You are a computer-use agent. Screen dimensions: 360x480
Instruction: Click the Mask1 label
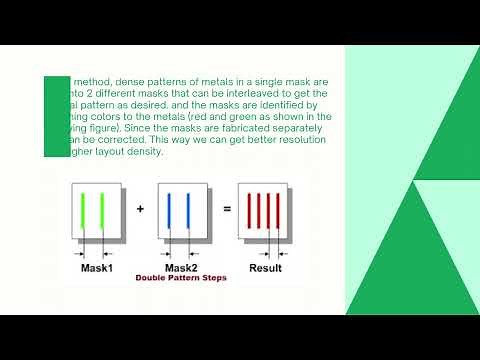pos(97,268)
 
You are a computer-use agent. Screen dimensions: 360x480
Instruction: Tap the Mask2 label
pos(181,268)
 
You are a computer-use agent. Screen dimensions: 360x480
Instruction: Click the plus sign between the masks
pos(140,209)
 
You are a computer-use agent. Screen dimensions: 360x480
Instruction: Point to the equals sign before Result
pos(227,209)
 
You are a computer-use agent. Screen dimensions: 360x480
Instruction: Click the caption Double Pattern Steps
pos(182,279)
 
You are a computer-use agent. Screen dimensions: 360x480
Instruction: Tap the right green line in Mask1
pos(103,210)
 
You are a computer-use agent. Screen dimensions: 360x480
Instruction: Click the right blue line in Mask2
pos(188,210)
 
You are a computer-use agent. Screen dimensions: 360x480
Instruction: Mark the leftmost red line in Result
pos(248,210)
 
